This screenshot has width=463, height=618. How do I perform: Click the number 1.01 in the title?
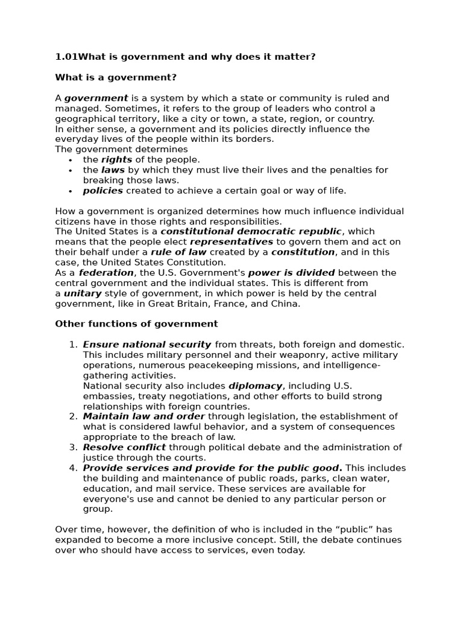click(x=66, y=57)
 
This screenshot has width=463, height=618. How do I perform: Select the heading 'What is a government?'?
click(x=116, y=77)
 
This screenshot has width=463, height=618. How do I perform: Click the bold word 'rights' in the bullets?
click(x=117, y=160)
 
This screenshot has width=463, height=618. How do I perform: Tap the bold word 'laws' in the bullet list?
click(x=113, y=170)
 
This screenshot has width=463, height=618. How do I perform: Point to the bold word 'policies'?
click(x=102, y=191)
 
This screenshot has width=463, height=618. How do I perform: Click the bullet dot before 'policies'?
click(x=71, y=191)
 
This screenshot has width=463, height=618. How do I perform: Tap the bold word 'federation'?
click(x=106, y=273)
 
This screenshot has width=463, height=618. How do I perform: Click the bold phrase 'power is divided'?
click(x=291, y=273)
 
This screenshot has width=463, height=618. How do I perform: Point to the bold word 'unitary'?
click(x=82, y=293)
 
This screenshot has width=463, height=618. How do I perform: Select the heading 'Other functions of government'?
click(x=136, y=324)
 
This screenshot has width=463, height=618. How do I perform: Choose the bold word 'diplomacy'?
click(x=256, y=386)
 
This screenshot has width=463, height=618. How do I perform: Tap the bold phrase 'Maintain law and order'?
click(x=144, y=416)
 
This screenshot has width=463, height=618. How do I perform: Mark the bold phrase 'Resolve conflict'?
click(x=124, y=447)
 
